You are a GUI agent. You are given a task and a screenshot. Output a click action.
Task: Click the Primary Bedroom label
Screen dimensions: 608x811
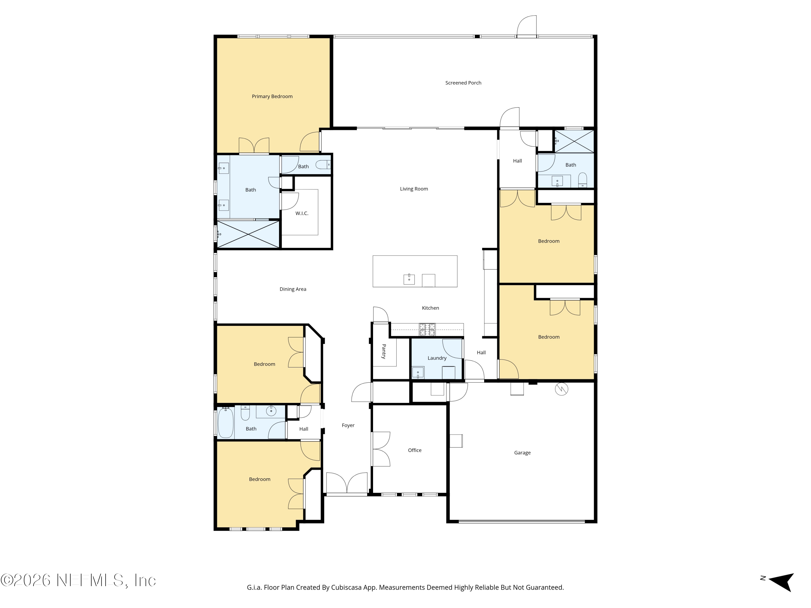[272, 96]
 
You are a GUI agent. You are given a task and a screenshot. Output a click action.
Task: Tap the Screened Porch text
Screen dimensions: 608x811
[463, 83]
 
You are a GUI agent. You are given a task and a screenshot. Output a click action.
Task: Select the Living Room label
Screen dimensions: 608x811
[414, 189]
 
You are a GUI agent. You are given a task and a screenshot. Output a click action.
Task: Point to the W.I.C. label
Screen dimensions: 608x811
[302, 213]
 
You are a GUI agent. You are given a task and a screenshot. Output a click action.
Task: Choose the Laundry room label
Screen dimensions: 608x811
[437, 358]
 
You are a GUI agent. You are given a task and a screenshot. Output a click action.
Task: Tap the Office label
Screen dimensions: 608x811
[414, 450]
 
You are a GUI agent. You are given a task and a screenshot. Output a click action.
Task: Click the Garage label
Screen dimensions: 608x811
[522, 453]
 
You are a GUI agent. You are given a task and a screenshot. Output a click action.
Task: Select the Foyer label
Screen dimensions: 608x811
[348, 425]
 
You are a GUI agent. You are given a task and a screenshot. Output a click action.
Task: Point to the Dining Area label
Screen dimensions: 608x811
[293, 289]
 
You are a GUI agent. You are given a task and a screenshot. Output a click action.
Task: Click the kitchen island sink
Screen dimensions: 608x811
[409, 279]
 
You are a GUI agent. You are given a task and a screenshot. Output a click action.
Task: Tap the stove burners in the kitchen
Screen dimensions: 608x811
[427, 329]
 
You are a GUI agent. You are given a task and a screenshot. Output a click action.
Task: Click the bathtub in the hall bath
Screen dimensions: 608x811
[225, 423]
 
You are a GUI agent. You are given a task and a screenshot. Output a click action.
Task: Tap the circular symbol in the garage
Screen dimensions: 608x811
[561, 389]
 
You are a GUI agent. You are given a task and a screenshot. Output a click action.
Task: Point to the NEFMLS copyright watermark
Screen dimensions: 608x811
[78, 580]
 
